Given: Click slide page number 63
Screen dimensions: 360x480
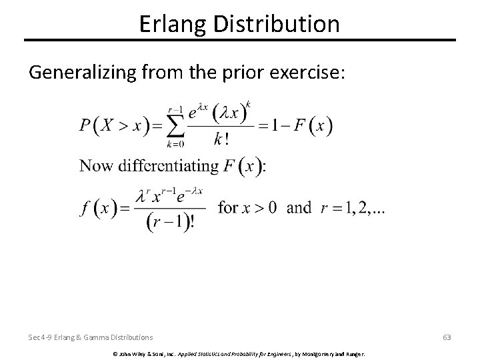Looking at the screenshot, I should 446,337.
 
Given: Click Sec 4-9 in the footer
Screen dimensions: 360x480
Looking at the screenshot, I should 41,337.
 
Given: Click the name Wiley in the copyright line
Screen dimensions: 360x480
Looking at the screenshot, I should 131,352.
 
